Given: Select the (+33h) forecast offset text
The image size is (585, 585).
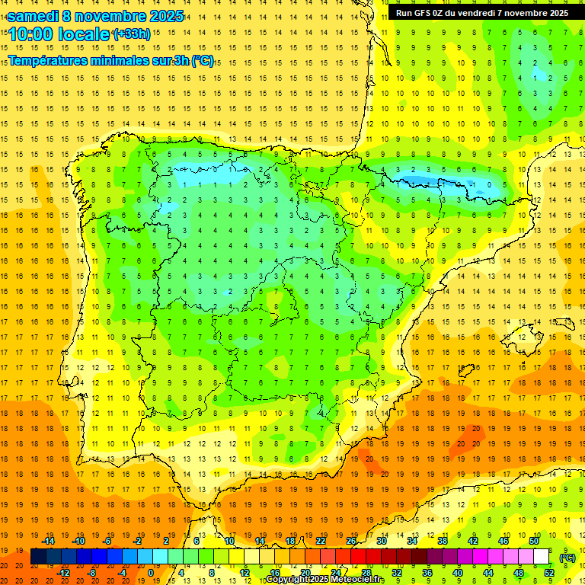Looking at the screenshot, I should [131, 34].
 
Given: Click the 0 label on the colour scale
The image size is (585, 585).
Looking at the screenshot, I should [150, 573].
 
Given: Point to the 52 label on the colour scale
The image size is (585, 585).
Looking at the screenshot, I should [549, 573].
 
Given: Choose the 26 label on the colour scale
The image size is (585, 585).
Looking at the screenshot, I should [350, 541].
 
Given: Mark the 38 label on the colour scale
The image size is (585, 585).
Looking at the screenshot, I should [442, 541].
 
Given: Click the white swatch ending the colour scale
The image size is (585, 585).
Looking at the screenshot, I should [541, 557].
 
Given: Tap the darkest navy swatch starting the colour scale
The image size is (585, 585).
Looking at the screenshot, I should [38, 557].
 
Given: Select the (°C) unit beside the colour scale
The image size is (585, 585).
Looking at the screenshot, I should [567, 558].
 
